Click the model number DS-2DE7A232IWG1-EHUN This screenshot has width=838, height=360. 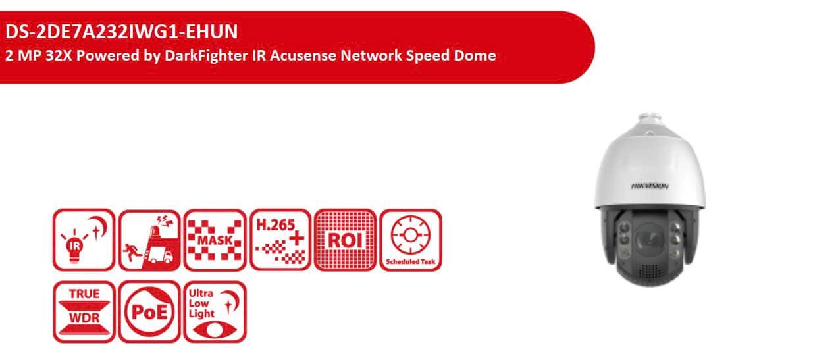[122, 32]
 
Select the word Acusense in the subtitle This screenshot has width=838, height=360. [303, 55]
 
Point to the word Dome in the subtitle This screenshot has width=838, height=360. [475, 55]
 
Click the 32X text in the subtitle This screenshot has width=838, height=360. [59, 55]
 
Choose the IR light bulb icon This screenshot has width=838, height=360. [84, 240]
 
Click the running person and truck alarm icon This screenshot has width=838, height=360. [149, 240]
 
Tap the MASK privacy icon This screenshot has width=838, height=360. [215, 240]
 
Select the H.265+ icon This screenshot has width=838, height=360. [280, 240]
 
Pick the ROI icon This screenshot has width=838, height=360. [346, 240]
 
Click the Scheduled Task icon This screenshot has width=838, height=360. [411, 240]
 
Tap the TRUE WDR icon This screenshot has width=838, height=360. [84, 312]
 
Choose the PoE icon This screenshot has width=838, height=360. [149, 312]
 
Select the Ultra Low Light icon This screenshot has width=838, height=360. [215, 312]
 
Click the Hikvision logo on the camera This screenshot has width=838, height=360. [650, 186]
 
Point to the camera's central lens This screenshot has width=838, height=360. [650, 240]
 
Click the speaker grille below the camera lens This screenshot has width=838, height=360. [650, 272]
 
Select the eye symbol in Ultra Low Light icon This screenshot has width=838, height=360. [215, 330]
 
